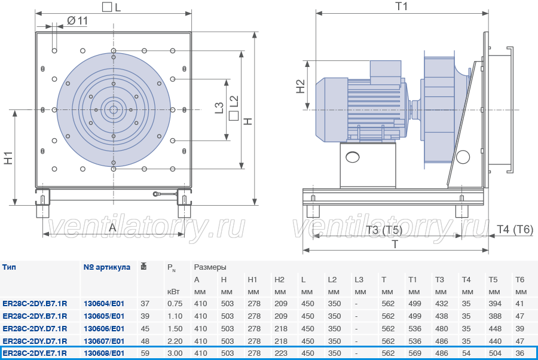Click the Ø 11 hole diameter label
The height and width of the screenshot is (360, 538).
[x=77, y=21]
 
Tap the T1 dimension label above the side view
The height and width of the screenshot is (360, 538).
[x=402, y=6]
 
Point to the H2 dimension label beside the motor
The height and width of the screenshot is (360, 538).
[x=300, y=86]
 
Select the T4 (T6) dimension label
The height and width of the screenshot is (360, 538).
[x=515, y=229]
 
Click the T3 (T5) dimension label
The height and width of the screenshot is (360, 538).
[x=384, y=230]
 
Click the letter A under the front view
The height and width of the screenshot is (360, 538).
[x=112, y=227]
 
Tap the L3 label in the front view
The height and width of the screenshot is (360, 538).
[x=219, y=108]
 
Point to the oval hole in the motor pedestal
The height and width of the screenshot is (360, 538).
[x=352, y=157]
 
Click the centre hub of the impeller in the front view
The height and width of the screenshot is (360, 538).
[x=113, y=110]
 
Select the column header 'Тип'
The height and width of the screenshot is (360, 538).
[x=9, y=267]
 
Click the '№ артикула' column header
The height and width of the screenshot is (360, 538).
[x=107, y=267]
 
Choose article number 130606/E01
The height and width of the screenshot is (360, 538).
[x=104, y=328]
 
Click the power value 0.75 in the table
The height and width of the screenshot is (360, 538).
[x=175, y=303]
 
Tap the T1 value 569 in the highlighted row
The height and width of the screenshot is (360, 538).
[x=415, y=353]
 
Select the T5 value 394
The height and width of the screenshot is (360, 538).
[x=495, y=303]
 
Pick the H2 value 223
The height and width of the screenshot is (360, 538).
[x=281, y=353]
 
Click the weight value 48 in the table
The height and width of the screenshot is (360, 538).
[x=145, y=341]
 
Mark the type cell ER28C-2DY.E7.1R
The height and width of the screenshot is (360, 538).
[x=35, y=353]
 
